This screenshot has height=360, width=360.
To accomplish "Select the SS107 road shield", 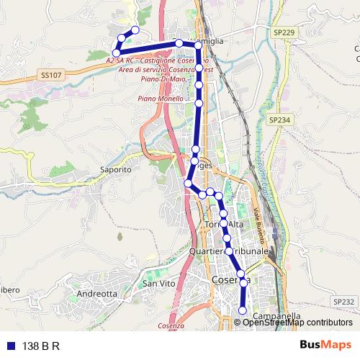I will pos(53,74).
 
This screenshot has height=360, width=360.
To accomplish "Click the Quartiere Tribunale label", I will pos(228,251).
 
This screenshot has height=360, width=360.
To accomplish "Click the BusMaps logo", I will pos(326,346).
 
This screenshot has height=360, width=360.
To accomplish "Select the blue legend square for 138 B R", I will pos(9,346).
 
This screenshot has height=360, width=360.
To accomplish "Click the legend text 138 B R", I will pos(41,346).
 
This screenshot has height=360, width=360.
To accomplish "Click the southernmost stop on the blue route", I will pos(243,310).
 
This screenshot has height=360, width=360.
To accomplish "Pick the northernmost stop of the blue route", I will pos(135,30).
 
